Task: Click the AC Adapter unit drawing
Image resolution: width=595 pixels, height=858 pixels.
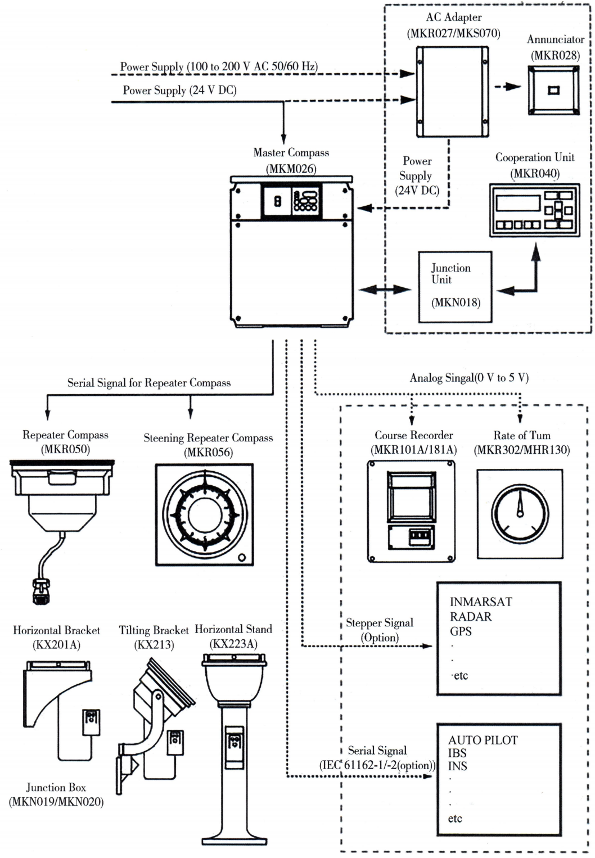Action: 452,92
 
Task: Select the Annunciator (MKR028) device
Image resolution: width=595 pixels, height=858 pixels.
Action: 553,90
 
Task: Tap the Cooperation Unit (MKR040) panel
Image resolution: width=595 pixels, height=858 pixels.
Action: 534,210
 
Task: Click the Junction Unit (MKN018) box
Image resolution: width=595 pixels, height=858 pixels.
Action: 455,287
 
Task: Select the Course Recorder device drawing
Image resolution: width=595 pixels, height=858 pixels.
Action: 411,511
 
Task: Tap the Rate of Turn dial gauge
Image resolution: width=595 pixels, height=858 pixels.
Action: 520,513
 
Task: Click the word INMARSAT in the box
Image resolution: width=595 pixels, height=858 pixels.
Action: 481,602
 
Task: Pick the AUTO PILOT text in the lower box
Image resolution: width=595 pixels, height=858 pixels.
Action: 483,740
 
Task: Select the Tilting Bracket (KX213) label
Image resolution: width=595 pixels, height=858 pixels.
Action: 154,637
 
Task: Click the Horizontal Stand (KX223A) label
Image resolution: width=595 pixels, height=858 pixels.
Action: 233,636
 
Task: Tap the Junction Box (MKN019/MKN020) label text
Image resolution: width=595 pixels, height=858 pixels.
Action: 56,794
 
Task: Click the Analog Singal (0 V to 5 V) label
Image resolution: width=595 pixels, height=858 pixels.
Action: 469,377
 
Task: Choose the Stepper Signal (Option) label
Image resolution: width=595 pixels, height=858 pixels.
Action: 380,630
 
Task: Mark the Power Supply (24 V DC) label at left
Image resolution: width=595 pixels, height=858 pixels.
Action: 179,90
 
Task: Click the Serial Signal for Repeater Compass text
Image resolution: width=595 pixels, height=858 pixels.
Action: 149,383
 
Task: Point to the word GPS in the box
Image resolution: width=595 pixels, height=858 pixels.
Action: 461,631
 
